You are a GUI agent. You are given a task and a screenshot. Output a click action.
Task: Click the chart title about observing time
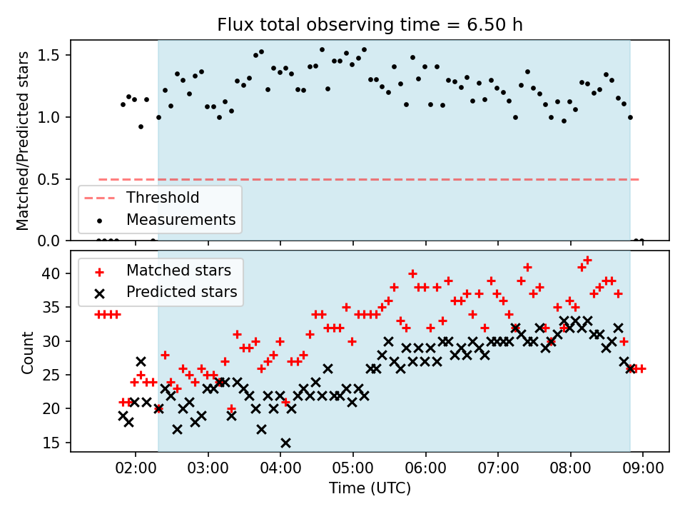point(370,24)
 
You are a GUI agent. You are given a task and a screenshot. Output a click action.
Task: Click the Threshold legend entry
point(142,198)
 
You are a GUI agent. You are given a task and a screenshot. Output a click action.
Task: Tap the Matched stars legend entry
point(163,271)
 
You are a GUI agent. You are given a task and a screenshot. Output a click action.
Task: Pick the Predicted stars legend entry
point(166,292)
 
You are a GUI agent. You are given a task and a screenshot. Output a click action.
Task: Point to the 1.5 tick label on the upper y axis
point(49,55)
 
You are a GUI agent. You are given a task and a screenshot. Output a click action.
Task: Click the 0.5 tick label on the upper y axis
point(49,179)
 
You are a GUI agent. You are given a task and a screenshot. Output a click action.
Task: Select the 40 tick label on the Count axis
point(51,273)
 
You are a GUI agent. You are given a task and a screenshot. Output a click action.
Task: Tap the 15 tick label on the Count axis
point(51,443)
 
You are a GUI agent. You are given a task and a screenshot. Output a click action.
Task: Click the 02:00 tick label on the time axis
point(136,468)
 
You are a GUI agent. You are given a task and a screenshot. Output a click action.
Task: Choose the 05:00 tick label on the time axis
point(353,468)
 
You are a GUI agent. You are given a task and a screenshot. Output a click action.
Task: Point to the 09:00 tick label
point(643,468)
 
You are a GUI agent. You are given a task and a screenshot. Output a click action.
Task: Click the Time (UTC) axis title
point(370,488)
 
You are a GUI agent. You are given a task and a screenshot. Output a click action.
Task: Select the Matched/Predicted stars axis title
point(23,141)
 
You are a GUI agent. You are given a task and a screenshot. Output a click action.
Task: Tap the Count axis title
point(27,352)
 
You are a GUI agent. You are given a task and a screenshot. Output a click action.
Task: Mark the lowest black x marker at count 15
point(285,443)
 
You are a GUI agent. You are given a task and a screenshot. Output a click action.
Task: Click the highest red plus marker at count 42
point(587,261)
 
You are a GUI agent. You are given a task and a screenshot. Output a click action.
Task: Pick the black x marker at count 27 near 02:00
point(141,361)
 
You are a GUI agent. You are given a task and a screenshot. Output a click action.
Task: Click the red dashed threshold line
point(369,180)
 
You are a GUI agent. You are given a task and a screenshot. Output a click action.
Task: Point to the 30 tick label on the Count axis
point(51,341)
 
